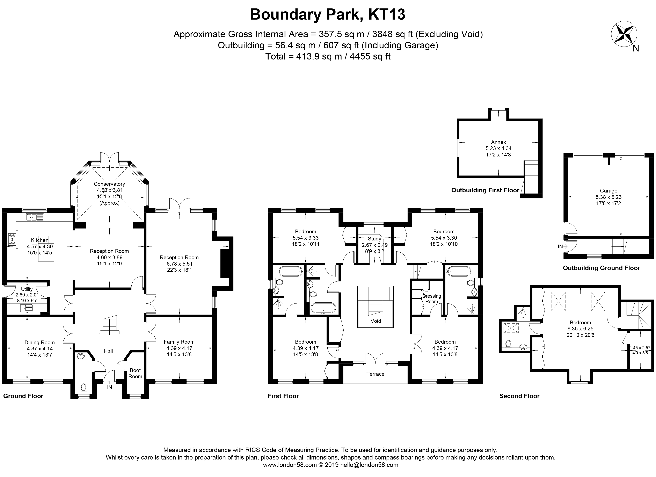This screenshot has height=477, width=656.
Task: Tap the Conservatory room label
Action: click(109, 184)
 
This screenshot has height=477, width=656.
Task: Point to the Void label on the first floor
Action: click(376, 321)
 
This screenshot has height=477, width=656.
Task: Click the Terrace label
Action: click(375, 374)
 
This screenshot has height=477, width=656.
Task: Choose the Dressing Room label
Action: click(432, 299)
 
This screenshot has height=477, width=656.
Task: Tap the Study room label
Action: click(374, 239)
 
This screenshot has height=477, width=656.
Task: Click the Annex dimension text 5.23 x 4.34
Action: click(498, 148)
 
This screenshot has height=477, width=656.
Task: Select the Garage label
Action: click(608, 191)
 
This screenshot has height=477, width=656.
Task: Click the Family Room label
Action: click(179, 342)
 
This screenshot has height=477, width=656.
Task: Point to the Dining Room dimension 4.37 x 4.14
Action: click(40, 349)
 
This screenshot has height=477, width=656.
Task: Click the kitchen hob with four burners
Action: click(12, 239)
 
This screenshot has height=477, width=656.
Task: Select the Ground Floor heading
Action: click(23, 396)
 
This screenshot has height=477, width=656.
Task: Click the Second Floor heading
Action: click(519, 396)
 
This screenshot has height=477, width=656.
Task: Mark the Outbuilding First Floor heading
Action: click(485, 190)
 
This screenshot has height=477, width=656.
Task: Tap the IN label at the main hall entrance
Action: click(109, 387)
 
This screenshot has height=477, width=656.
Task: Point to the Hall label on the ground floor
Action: click(108, 351)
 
